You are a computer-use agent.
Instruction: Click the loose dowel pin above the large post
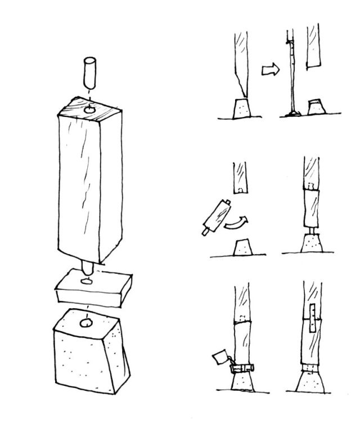[x=89, y=70]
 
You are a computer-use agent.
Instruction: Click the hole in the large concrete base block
[x=87, y=323]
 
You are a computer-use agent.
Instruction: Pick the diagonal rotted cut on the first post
[x=240, y=87]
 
